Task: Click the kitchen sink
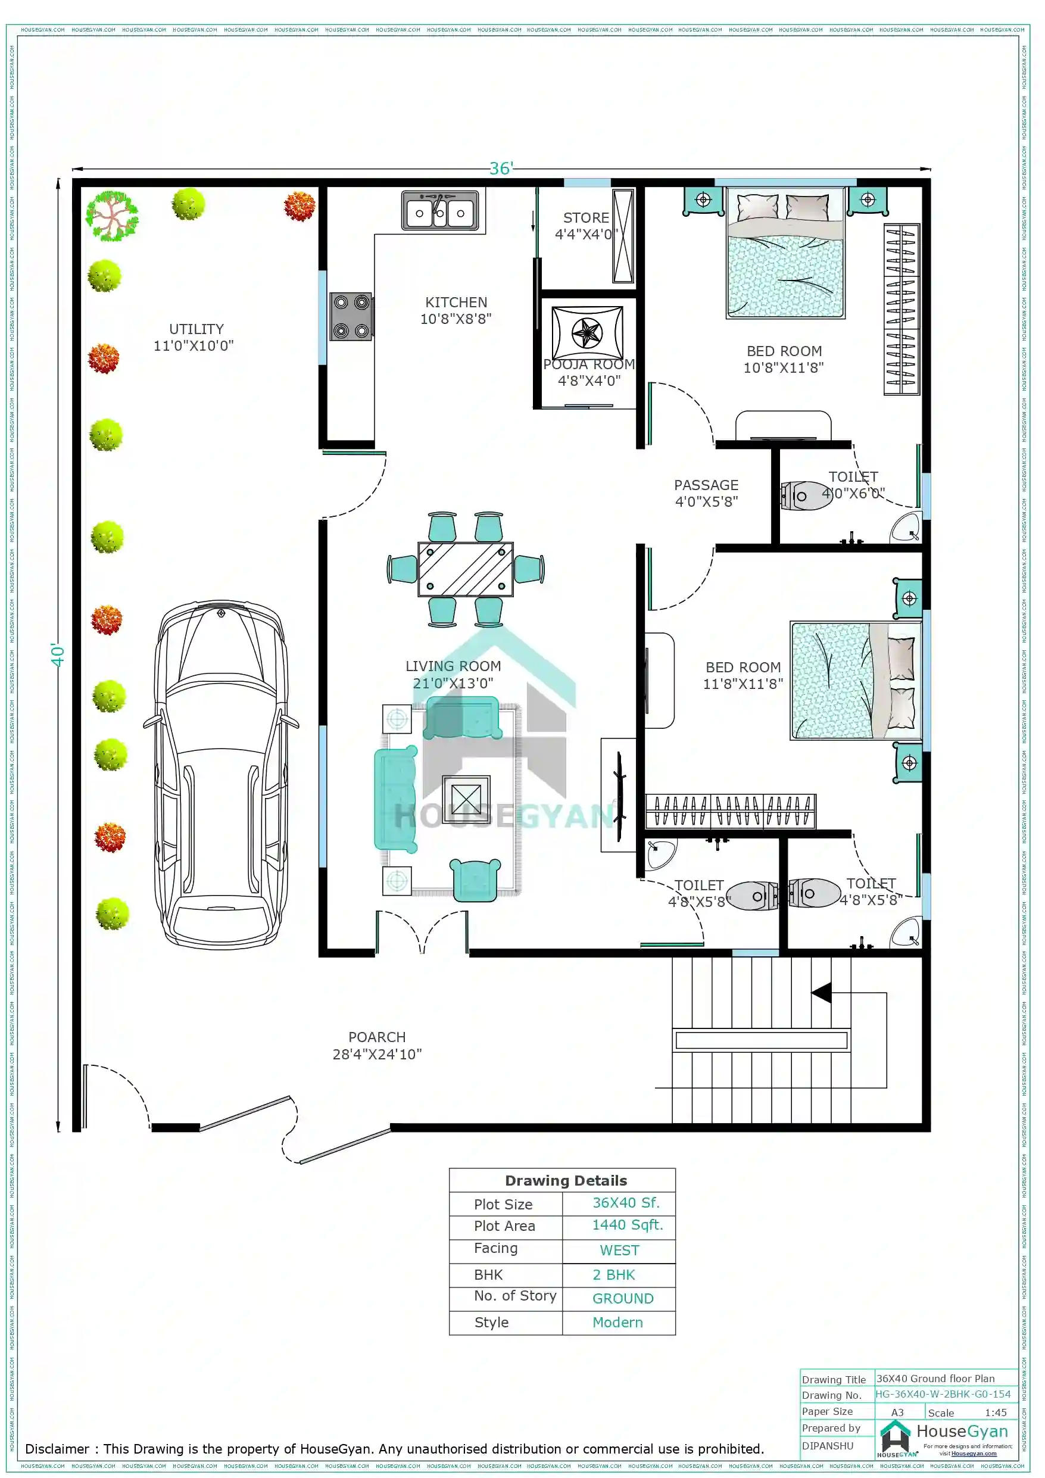(440, 210)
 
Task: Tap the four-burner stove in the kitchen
(351, 316)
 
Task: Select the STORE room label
(585, 218)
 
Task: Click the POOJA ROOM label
(588, 365)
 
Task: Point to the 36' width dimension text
(501, 169)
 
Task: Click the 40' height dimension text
(58, 655)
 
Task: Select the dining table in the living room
(465, 569)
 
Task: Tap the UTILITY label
(196, 329)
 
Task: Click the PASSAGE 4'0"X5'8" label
(706, 493)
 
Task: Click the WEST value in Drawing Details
(619, 1250)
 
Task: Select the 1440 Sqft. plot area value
(626, 1224)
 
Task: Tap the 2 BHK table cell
(614, 1274)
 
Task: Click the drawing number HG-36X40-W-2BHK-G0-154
(942, 1393)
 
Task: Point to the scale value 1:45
(995, 1412)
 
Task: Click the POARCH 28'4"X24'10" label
(377, 1046)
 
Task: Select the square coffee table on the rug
(466, 799)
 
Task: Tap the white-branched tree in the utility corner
(112, 216)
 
